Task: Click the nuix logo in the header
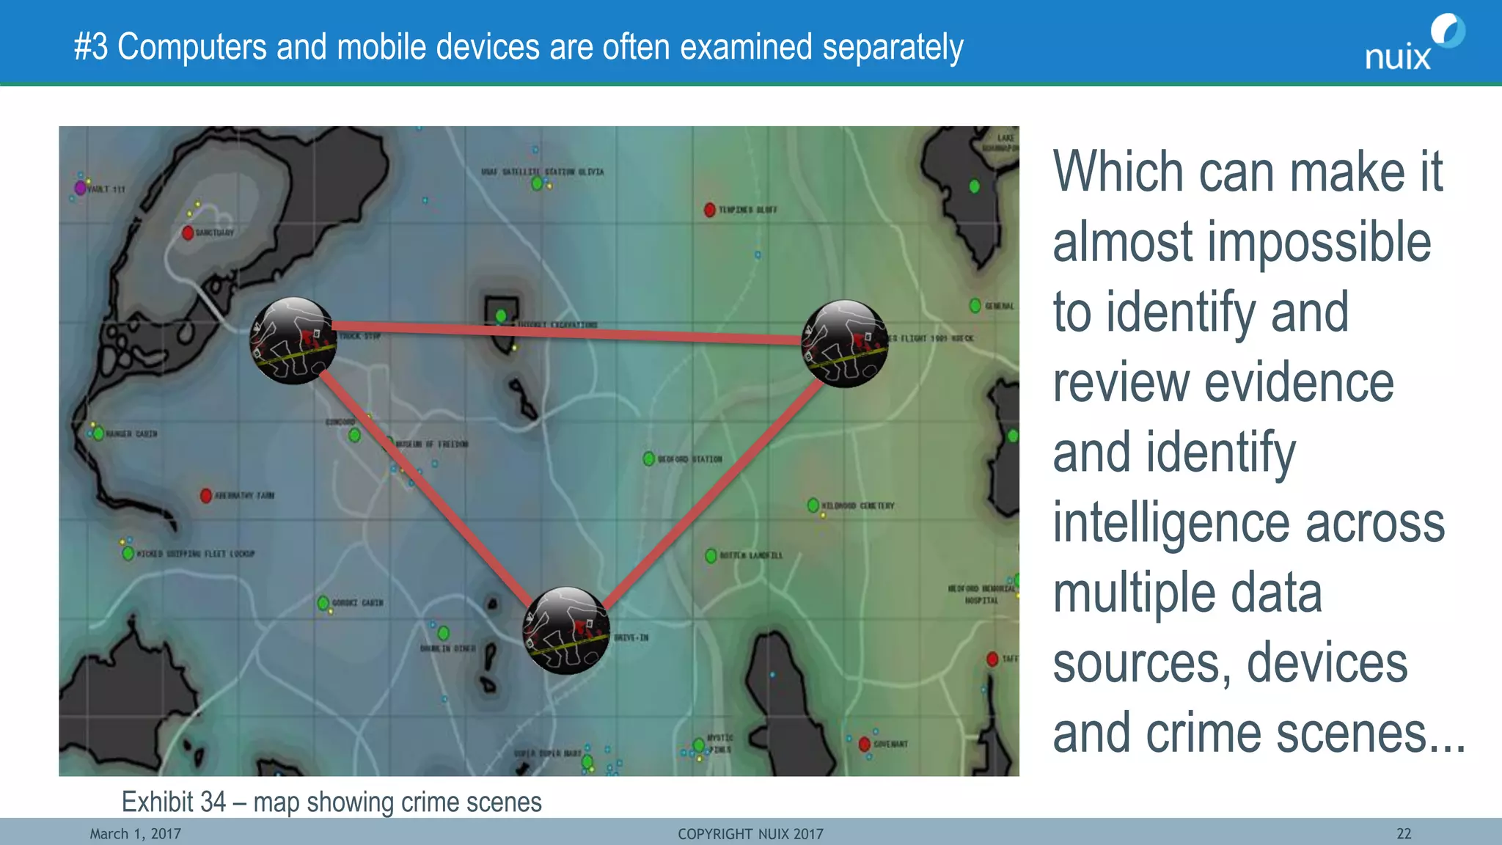click(x=1413, y=44)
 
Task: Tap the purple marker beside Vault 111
click(x=80, y=188)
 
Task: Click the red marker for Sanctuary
click(x=188, y=233)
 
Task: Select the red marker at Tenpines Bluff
click(x=709, y=210)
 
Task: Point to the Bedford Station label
click(x=689, y=459)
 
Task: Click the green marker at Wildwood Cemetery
click(x=813, y=505)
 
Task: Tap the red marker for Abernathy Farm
click(x=206, y=496)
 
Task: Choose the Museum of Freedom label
click(x=432, y=445)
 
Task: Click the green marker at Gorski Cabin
click(x=323, y=603)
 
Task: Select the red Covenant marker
click(x=865, y=744)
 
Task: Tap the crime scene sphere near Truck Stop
click(x=293, y=341)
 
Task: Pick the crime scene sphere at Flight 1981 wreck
click(x=845, y=343)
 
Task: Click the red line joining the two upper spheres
click(x=565, y=332)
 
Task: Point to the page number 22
click(x=1404, y=834)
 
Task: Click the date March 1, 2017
click(x=136, y=834)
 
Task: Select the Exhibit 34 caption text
click(x=331, y=802)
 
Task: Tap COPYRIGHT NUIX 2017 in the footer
click(x=750, y=834)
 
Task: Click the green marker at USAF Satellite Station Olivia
click(x=537, y=183)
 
